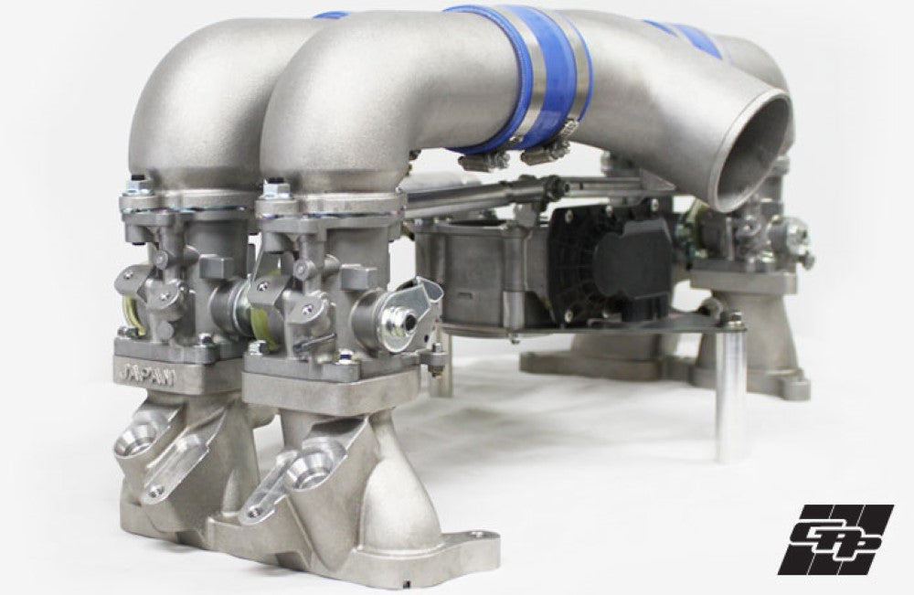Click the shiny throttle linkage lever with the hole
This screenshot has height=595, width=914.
point(403,310)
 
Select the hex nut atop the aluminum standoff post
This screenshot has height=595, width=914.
point(732,319)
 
